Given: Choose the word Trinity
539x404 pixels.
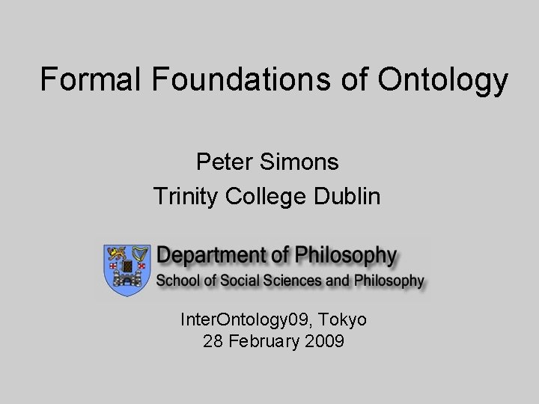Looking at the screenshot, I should coord(186,197).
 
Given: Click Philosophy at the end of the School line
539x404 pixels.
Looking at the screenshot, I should coord(389,281).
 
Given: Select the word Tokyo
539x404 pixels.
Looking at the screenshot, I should coord(342,320).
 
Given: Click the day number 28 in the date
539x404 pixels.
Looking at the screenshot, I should coord(212,343).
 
